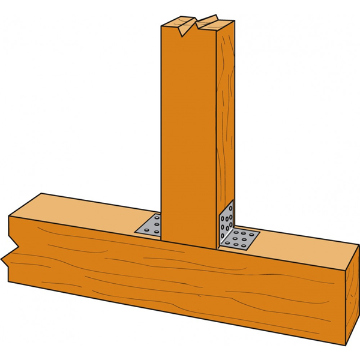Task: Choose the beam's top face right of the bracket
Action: click(300, 243)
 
